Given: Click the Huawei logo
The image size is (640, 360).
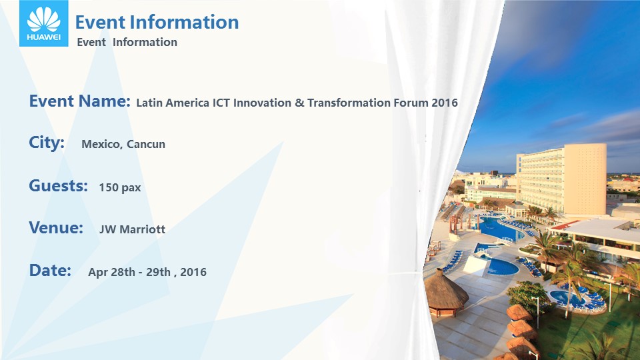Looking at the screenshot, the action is pyautogui.click(x=44, y=23).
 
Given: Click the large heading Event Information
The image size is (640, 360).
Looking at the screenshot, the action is pyautogui.click(x=157, y=22).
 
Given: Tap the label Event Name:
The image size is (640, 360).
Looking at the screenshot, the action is pyautogui.click(x=79, y=101).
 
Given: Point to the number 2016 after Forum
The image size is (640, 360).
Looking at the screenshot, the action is pyautogui.click(x=445, y=103).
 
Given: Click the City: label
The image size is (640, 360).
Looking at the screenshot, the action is pyautogui.click(x=47, y=143).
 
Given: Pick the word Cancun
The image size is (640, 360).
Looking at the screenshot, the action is pyautogui.click(x=146, y=144).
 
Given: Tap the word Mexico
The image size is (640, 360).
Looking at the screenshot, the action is pyautogui.click(x=101, y=144).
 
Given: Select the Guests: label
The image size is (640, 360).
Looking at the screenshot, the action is pyautogui.click(x=59, y=186).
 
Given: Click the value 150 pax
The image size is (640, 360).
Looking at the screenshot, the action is pyautogui.click(x=119, y=187).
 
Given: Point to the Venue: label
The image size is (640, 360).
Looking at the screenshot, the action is pyautogui.click(x=56, y=227).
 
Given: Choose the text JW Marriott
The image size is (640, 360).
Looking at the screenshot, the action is pyautogui.click(x=132, y=229).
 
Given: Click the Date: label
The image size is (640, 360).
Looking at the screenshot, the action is pyautogui.click(x=50, y=270).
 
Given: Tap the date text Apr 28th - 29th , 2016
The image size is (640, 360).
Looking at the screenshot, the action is pyautogui.click(x=147, y=272).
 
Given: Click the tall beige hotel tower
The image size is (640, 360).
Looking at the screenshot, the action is pyautogui.click(x=561, y=179).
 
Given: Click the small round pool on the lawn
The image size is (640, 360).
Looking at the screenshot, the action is pyautogui.click(x=567, y=297).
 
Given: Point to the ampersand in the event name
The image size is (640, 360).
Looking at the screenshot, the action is pyautogui.click(x=299, y=103).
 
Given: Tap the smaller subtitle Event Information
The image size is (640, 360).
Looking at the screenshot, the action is pyautogui.click(x=127, y=42).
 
